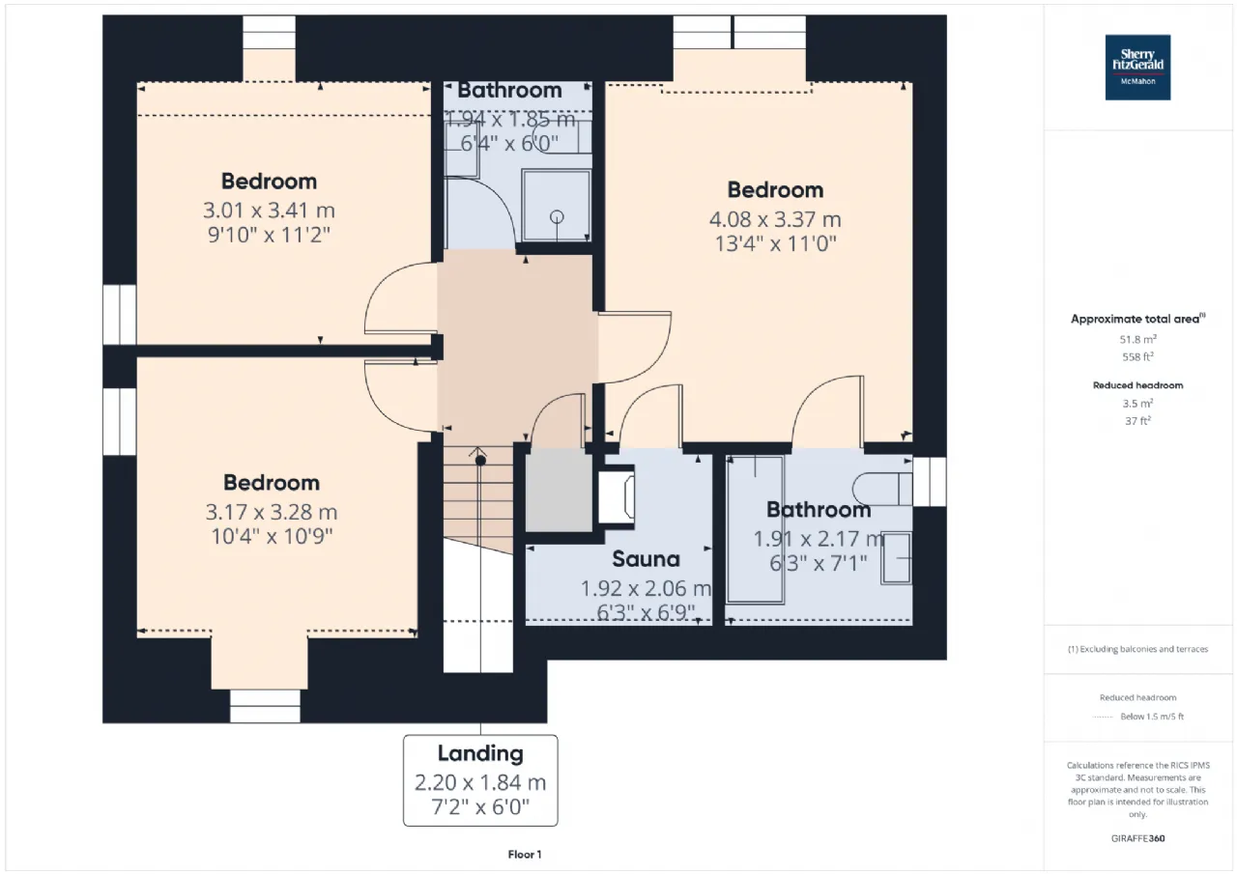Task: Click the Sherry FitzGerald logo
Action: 1137,68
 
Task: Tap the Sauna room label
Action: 646,559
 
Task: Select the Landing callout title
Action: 480,753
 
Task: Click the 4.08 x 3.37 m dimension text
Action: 775,219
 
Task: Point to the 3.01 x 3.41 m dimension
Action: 269,211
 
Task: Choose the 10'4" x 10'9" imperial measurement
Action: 272,536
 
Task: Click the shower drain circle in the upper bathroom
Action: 557,217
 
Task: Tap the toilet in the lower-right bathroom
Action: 882,489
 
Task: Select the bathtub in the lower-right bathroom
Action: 755,529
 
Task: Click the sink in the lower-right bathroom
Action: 896,558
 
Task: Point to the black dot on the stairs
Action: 480,460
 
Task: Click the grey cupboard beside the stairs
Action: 559,490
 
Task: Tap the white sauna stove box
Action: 617,494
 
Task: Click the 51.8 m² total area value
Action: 1137,339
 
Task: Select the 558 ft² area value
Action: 1137,357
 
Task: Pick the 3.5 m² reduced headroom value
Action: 1137,404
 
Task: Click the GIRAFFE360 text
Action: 1137,838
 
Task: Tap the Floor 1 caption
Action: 525,855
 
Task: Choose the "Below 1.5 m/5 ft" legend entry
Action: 1152,717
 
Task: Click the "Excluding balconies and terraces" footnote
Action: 1137,649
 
